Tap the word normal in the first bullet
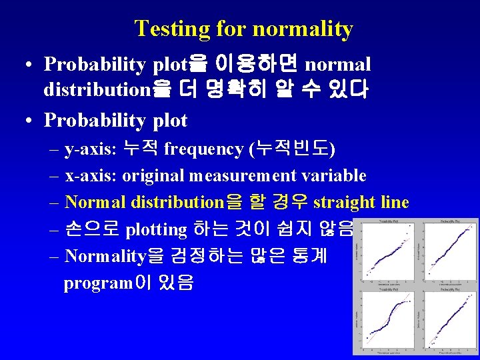click(x=337, y=65)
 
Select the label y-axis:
click(x=89, y=149)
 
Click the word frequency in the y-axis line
click(x=203, y=149)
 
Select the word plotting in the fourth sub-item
click(x=156, y=229)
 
